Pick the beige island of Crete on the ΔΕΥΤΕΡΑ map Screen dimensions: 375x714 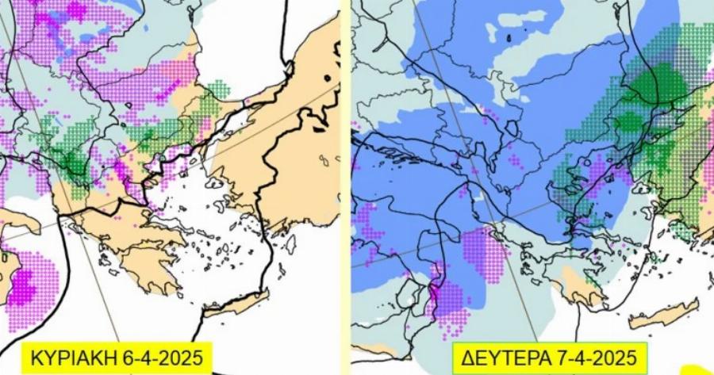click(x=665, y=313)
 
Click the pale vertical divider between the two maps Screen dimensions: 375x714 click(x=346, y=187)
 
